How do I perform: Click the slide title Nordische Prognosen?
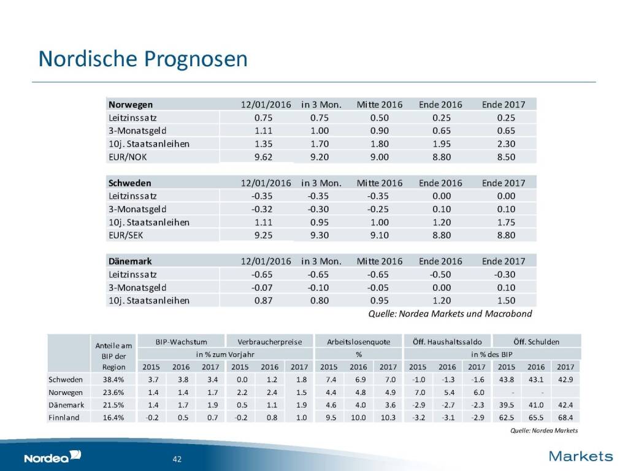pyautogui.click(x=142, y=59)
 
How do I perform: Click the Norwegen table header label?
pyautogui.click(x=131, y=104)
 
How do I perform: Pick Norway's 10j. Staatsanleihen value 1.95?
pyautogui.click(x=440, y=144)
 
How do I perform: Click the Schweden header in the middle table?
pyautogui.click(x=129, y=183)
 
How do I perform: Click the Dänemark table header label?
pyautogui.click(x=131, y=261)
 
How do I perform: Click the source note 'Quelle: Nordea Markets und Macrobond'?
pyautogui.click(x=450, y=314)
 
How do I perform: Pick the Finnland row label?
pyautogui.click(x=64, y=418)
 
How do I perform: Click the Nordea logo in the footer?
pyautogui.click(x=52, y=457)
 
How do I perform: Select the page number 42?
pyautogui.click(x=176, y=459)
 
